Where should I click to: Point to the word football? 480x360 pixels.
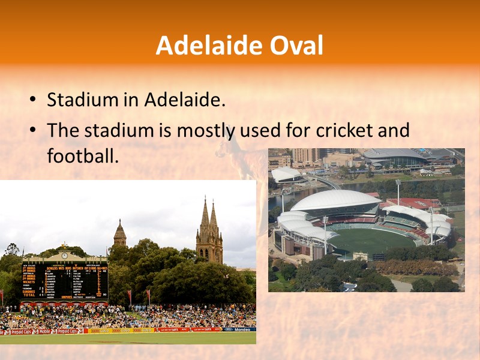[x=80, y=155]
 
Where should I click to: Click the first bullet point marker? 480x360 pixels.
[x=32, y=100]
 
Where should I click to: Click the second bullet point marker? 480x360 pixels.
[x=32, y=130]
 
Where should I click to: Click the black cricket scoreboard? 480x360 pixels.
[x=65, y=281]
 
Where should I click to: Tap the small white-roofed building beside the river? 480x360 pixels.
[x=286, y=175]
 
